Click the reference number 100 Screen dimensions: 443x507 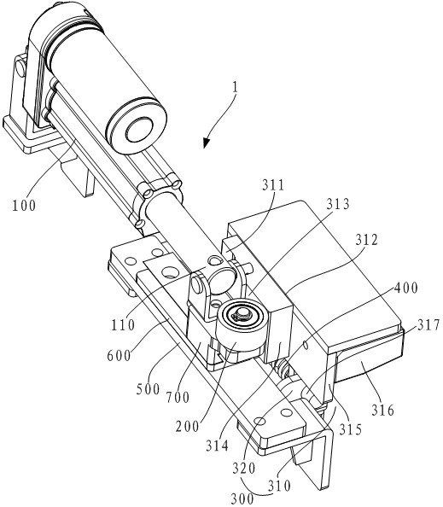[24, 205]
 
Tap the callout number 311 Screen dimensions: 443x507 [272, 185]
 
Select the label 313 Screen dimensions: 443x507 [338, 204]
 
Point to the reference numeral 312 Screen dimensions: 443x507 [367, 240]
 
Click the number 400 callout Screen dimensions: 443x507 [405, 288]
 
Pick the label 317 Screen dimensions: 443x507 [428, 325]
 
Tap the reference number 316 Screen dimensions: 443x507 [383, 410]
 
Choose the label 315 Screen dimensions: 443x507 [351, 429]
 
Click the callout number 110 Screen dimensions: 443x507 [123, 324]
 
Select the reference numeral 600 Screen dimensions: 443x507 [119, 356]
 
